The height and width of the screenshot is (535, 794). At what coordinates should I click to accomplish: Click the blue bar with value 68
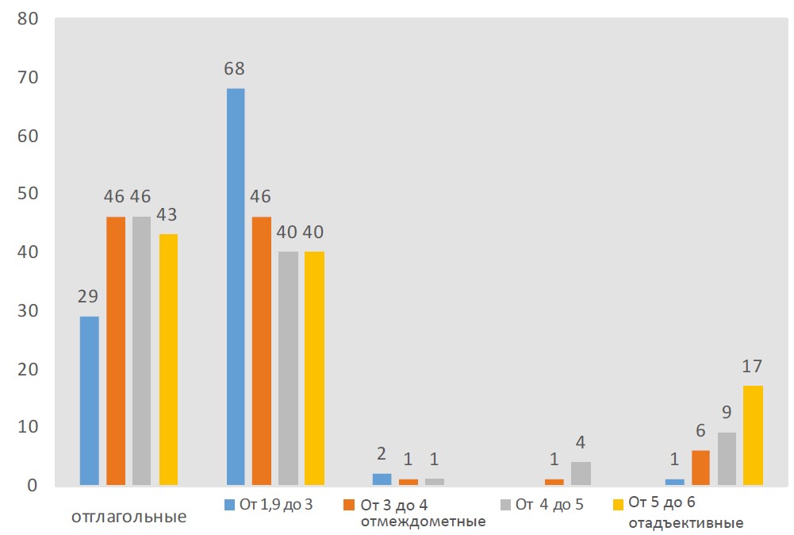(236, 286)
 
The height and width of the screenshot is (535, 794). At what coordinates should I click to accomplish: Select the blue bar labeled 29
(89, 400)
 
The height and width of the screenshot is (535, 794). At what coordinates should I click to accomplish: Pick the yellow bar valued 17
(754, 435)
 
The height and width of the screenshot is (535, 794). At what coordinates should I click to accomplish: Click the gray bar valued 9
(727, 458)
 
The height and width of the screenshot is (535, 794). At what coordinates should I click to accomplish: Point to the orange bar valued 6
(700, 467)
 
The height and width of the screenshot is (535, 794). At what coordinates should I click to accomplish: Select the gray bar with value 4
(581, 473)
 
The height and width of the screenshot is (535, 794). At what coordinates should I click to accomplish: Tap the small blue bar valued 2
(382, 479)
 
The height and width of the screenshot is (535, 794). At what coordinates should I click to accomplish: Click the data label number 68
(234, 68)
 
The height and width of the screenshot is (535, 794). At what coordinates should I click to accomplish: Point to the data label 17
(753, 367)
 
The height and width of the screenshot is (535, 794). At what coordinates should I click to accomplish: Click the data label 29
(88, 297)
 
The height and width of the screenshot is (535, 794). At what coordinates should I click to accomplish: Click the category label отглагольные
(129, 517)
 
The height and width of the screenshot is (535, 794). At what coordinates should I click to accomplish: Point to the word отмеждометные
(423, 522)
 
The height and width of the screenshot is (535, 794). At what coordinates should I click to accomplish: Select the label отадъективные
(685, 523)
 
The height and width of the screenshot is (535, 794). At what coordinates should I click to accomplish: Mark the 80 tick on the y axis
(29, 19)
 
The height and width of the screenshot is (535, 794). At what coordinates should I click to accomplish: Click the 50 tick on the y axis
(29, 194)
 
